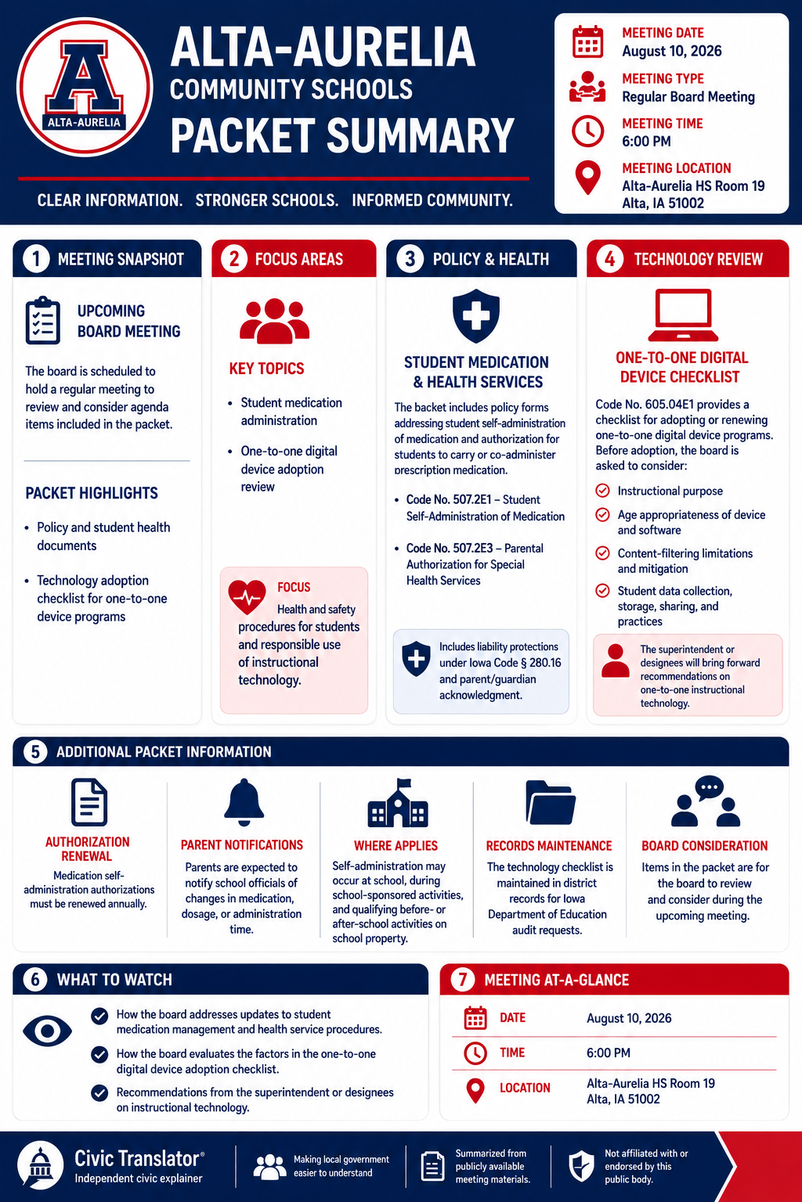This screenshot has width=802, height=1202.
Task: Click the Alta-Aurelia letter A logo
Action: pos(85,87)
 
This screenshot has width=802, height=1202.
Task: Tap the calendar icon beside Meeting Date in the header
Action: pos(587,41)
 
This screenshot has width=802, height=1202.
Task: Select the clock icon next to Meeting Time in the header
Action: pos(587,131)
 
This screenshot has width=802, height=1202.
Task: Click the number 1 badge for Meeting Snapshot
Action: pos(36,259)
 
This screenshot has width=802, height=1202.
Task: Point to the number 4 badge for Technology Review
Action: pos(609,259)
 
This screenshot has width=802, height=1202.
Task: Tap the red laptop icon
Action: pos(683,315)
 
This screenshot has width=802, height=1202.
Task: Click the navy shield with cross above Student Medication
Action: pos(476,315)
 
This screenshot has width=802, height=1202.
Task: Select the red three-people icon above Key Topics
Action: pos(274,320)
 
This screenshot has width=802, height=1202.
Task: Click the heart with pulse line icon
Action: pos(247,597)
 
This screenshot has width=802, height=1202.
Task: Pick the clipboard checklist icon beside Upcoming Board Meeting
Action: pos(43,320)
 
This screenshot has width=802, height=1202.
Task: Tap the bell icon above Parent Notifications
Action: pos(244,801)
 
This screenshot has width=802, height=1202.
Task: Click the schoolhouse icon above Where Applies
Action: pos(398,803)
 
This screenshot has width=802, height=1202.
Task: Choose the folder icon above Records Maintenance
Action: pos(551,802)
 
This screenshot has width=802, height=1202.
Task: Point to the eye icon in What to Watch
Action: pos(47,1031)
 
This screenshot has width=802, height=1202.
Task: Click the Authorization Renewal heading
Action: pos(87,848)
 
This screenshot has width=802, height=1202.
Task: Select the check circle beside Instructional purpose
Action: pos(603,491)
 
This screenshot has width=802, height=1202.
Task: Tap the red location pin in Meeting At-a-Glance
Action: pos(475,1091)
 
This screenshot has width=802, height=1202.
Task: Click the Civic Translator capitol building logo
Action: pos(40,1164)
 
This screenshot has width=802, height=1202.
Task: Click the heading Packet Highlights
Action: pos(92,493)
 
